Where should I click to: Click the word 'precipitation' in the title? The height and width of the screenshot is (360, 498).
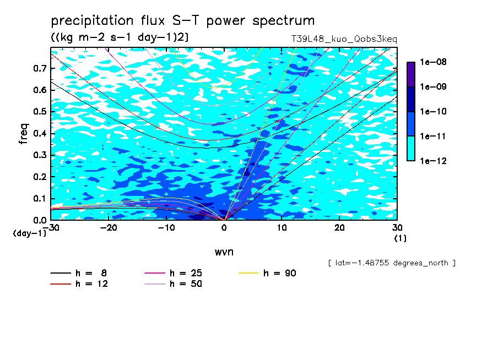(x=92, y=21)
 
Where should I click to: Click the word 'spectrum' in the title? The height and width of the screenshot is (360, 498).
(x=284, y=21)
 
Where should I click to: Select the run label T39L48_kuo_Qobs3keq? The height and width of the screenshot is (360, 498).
(x=344, y=39)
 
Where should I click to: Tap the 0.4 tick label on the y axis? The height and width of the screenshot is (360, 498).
(x=40, y=133)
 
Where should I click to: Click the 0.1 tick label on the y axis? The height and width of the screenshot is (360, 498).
(x=40, y=198)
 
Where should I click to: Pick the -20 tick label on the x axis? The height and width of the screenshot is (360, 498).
(x=109, y=228)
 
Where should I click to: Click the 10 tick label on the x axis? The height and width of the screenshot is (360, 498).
(x=282, y=228)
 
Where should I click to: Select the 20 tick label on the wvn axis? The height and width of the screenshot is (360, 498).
(x=339, y=228)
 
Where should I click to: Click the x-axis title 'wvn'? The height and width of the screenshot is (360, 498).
(x=224, y=252)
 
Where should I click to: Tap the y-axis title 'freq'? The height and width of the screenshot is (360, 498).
(x=24, y=134)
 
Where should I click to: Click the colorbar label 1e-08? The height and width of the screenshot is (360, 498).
(x=433, y=62)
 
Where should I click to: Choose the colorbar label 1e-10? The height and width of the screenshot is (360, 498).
(x=433, y=111)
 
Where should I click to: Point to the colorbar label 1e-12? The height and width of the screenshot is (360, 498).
(x=433, y=161)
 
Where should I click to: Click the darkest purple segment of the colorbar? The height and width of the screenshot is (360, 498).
(x=411, y=74)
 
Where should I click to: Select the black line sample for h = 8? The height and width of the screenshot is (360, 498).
(x=61, y=273)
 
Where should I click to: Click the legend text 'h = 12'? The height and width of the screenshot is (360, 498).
(x=91, y=283)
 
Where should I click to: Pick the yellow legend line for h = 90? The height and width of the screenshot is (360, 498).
(x=248, y=273)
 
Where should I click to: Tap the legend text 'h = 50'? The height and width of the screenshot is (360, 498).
(x=186, y=283)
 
